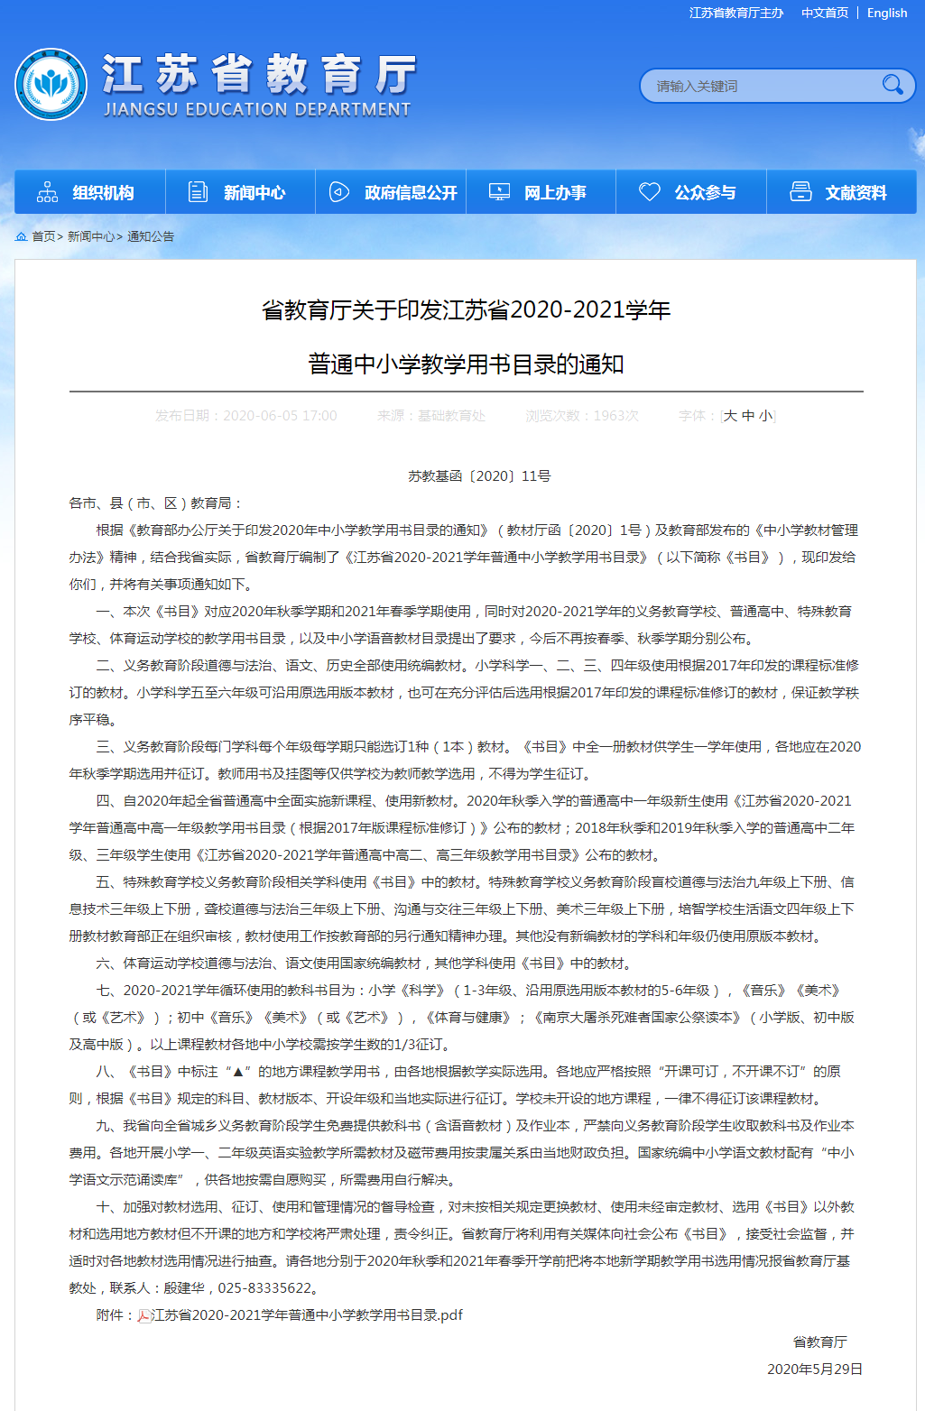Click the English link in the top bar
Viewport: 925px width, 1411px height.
[886, 13]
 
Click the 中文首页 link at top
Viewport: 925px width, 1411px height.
[825, 13]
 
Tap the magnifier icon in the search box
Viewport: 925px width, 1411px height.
[893, 85]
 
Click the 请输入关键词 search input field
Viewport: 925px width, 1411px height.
[758, 86]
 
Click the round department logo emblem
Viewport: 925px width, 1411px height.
[51, 85]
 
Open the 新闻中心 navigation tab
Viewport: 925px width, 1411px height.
[240, 192]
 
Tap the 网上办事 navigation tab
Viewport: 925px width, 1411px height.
[541, 192]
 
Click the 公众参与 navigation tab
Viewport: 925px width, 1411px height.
[691, 192]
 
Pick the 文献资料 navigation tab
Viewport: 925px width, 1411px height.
[841, 192]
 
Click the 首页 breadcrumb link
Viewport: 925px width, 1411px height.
[43, 236]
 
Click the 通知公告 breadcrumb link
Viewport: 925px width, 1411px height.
[151, 236]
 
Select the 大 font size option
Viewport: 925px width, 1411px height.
[730, 416]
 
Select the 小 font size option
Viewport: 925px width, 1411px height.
[765, 416]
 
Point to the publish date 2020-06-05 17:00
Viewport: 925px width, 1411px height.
[280, 416]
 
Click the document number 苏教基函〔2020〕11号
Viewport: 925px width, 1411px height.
[479, 475]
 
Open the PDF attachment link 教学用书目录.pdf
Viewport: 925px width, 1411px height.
[307, 1314]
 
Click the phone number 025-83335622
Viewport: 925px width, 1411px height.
[269, 1287]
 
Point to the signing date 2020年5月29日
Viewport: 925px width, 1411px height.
[814, 1369]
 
